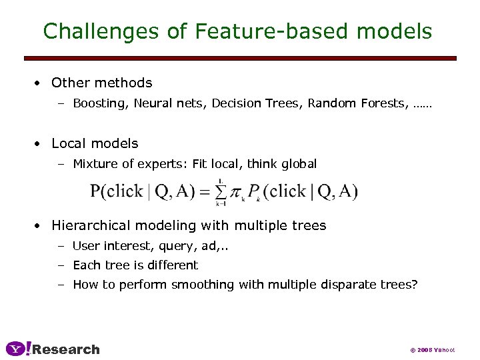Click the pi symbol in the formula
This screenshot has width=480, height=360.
click(237, 193)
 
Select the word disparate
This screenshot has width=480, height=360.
click(354, 285)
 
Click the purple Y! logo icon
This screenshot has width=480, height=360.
click(18, 349)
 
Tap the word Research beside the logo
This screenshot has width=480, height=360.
click(66, 349)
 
